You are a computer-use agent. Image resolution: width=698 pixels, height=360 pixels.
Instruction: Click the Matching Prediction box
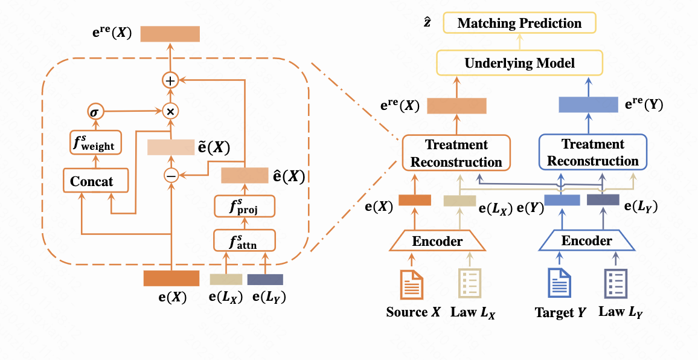pyautogui.click(x=519, y=24)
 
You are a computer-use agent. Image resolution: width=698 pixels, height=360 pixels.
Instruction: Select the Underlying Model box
pyautogui.click(x=519, y=63)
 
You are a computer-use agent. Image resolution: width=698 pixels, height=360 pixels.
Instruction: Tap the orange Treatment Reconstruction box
pyautogui.click(x=456, y=153)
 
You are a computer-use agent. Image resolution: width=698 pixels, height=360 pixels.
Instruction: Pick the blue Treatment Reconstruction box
pyautogui.click(x=593, y=153)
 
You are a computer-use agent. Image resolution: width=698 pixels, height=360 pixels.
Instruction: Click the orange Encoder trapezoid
pyautogui.click(x=437, y=242)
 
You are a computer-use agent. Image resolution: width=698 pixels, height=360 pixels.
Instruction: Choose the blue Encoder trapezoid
pyautogui.click(x=587, y=242)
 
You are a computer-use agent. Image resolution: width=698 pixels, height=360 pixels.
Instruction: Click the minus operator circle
pyautogui.click(x=170, y=176)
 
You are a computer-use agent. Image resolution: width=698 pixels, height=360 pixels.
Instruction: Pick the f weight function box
pyautogui.click(x=95, y=144)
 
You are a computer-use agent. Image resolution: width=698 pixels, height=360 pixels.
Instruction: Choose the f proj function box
pyautogui.click(x=245, y=208)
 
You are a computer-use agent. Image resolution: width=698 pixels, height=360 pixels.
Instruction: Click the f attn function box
pyautogui.click(x=245, y=242)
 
